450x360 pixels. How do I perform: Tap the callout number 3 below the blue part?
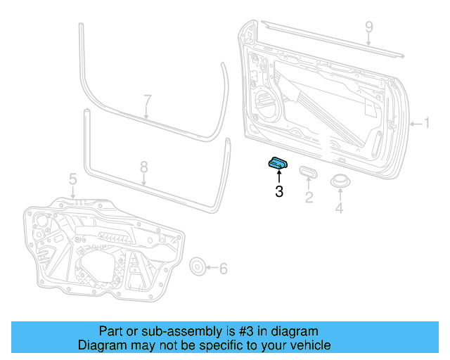pyautogui.click(x=279, y=191)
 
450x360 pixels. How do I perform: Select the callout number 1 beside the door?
pyautogui.click(x=426, y=124)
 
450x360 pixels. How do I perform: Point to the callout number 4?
pyautogui.click(x=340, y=208)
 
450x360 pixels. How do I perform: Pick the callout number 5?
pyautogui.click(x=73, y=181)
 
